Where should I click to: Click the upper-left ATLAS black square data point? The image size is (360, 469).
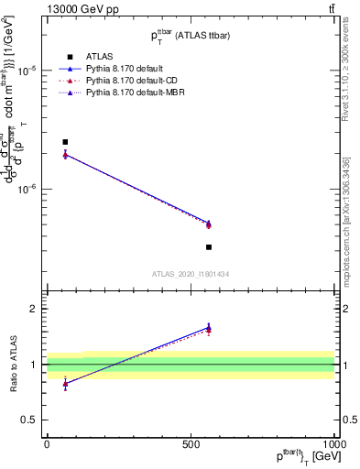(65, 142)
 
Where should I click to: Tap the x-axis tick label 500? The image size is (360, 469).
(191, 443)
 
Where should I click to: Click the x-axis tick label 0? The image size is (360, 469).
(47, 443)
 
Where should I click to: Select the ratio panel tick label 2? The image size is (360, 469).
(34, 310)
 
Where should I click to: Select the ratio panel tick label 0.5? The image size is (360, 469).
(29, 420)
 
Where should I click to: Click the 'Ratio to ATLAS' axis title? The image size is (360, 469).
(12, 365)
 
